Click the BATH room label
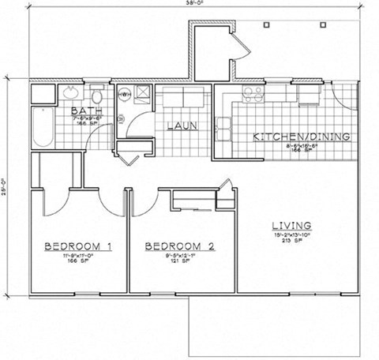81,111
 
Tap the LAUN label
182,126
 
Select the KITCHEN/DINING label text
301,137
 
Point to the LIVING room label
288,225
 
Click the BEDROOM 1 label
77,246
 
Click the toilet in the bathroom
96,92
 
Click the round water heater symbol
125,94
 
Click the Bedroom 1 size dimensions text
77,256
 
